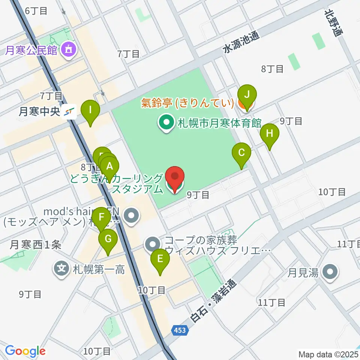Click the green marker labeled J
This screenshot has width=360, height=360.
(246, 94)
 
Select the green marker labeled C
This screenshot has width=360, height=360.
(241, 153)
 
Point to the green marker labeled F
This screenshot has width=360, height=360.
(101, 217)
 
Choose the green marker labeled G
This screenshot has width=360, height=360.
(108, 239)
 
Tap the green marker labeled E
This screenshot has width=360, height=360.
(160, 259)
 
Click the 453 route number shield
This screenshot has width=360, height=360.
(179, 330)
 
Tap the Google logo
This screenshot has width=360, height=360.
(25, 351)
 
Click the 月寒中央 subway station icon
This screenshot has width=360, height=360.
(69, 111)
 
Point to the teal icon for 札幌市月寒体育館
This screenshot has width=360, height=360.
(165, 123)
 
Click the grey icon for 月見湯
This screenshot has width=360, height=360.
(330, 272)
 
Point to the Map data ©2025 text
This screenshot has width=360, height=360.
(328, 354)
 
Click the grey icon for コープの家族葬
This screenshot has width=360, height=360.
(152, 244)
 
